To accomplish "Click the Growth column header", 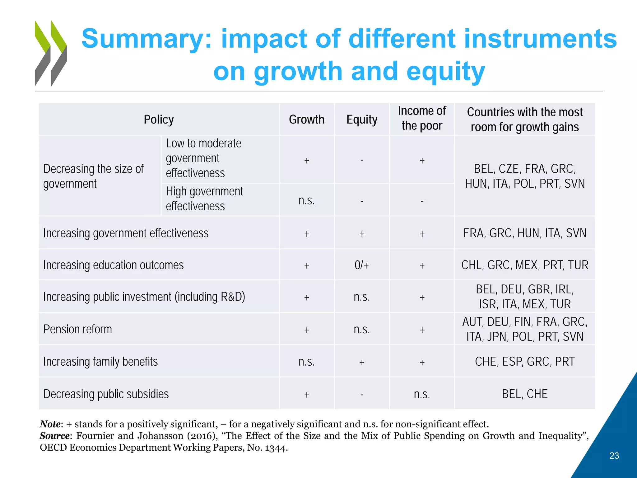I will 306,119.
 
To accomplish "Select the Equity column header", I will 362,119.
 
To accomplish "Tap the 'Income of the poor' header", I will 422,118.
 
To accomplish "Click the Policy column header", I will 159,119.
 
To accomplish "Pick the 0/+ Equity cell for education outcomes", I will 362,265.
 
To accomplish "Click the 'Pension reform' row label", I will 77,329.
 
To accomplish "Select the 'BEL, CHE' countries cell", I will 524,394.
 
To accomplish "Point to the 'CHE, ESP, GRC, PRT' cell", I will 524,362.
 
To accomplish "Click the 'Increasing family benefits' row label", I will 100,362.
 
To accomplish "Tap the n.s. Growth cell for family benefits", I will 306,362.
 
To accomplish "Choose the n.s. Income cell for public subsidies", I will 422,394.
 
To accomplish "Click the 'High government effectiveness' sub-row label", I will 204,199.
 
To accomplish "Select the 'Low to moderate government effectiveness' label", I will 203,158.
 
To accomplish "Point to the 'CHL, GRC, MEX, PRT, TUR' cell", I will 524,265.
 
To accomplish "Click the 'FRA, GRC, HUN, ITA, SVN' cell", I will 524,233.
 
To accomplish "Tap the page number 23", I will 614,456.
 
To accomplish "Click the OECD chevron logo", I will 51,53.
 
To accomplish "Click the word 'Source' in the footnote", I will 54,436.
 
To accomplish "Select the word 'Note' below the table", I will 50,424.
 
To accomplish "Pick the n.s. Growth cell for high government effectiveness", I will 306,200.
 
